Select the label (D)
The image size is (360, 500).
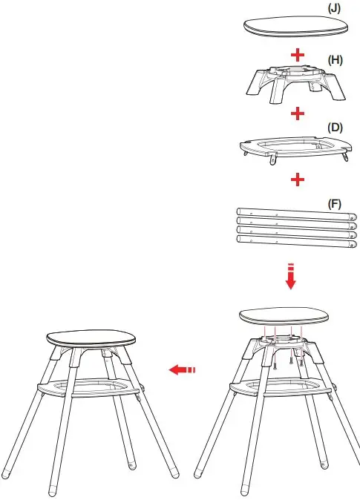point(335,127)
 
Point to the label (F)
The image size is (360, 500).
point(335,203)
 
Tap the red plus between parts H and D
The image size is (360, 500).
point(298,114)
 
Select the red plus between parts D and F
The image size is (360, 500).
point(298,180)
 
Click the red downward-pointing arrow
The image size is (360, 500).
point(291,278)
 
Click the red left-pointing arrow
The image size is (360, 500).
point(183,369)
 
